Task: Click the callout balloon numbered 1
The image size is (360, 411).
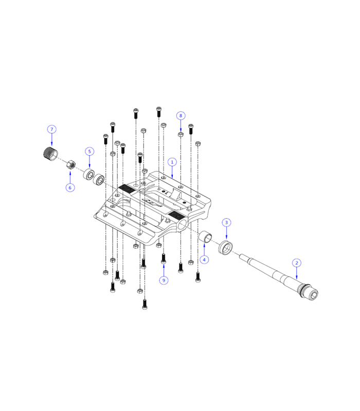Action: pyautogui.click(x=172, y=162)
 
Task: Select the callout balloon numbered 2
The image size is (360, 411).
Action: pyautogui.click(x=297, y=263)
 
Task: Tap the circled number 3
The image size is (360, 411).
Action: pyautogui.click(x=226, y=222)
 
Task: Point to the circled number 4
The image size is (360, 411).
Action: pyautogui.click(x=205, y=260)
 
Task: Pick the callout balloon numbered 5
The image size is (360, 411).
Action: pyautogui.click(x=89, y=152)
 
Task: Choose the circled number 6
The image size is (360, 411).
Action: pyautogui.click(x=70, y=188)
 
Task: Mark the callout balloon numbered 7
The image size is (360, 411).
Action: pyautogui.click(x=51, y=129)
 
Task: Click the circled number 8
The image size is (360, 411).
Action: pyautogui.click(x=181, y=116)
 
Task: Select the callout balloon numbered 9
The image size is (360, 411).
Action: pyautogui.click(x=164, y=281)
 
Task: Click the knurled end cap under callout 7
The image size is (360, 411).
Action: pyautogui.click(x=50, y=154)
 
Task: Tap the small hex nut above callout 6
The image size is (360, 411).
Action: pyautogui.click(x=70, y=165)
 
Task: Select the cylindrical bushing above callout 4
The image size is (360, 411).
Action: pyautogui.click(x=206, y=237)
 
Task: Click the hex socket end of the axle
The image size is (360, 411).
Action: pyautogui.click(x=312, y=294)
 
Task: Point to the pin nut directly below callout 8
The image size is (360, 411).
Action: pyautogui.click(x=181, y=135)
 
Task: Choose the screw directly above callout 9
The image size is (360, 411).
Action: pyautogui.click(x=164, y=258)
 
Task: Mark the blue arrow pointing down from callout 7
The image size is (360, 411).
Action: pyautogui.click(x=51, y=141)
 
